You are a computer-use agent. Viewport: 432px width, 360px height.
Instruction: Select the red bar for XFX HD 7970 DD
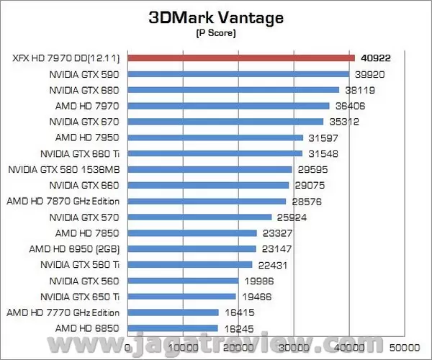coord(241,58)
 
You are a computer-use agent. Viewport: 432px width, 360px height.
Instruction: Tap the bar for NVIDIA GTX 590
coord(238,73)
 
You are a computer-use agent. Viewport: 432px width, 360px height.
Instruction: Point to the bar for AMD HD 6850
coord(174,328)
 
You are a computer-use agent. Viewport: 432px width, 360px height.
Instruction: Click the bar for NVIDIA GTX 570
coord(200,217)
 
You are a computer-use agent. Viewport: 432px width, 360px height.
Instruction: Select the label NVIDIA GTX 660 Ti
coord(80,153)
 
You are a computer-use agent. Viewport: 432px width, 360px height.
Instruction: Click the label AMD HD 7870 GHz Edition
coord(63,201)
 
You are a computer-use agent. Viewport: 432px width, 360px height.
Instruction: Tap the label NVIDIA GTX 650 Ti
coord(80,296)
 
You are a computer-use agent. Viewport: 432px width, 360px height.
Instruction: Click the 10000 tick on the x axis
coord(184,346)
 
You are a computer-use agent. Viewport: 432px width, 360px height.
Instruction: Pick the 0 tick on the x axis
coord(128,346)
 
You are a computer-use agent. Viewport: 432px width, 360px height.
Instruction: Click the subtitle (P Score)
coord(215,33)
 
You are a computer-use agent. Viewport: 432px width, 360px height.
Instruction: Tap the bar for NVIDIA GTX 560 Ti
coord(190,264)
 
